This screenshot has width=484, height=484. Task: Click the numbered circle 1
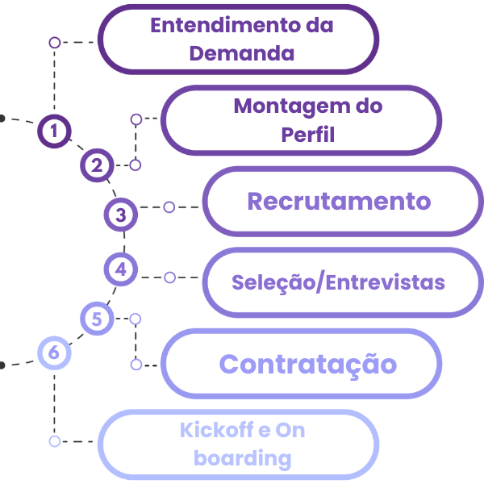click(54, 131)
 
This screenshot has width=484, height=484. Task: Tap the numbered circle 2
click(98, 166)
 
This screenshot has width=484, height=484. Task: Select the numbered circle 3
click(121, 215)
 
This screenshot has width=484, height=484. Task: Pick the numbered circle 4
click(121, 269)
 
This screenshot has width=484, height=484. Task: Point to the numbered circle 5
click(98, 319)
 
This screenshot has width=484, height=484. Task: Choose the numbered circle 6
click(54, 353)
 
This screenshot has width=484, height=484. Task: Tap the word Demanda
click(241, 54)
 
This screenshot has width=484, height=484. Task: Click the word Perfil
click(307, 134)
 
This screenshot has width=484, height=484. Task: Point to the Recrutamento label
click(339, 201)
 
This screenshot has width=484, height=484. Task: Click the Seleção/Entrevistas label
click(338, 282)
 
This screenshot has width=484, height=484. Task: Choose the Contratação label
click(308, 364)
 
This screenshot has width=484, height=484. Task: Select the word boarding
click(243, 459)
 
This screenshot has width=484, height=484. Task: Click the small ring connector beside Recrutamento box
click(169, 207)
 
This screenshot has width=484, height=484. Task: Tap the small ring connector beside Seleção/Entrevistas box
click(169, 277)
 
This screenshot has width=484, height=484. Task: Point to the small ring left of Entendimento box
click(54, 42)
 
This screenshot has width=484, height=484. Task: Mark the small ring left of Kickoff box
click(54, 441)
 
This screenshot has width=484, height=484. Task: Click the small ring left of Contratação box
click(136, 365)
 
